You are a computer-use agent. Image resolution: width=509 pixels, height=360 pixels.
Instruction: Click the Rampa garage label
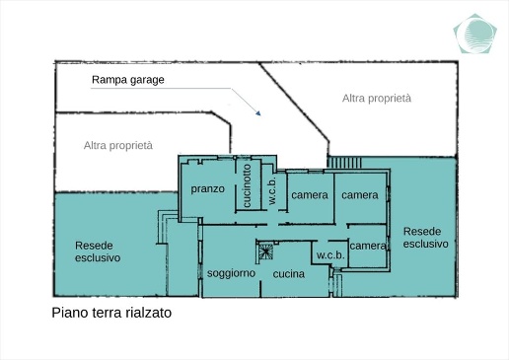(x=127, y=79)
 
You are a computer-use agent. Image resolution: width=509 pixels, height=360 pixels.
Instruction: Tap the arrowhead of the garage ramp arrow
(x=258, y=115)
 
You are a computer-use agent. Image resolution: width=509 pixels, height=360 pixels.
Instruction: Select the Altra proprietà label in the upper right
(x=376, y=99)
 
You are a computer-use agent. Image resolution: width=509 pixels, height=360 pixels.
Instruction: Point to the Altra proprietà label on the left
(x=118, y=145)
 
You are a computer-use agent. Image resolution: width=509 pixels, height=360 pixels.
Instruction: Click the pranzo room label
(x=208, y=188)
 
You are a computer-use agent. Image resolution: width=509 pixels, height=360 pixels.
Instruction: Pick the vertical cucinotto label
(x=247, y=184)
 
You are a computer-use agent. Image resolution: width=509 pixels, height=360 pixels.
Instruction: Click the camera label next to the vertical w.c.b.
(x=309, y=195)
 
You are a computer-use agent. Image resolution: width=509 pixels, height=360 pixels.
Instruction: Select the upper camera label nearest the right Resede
(x=359, y=195)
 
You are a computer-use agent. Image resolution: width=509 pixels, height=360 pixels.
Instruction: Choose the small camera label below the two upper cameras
(x=367, y=246)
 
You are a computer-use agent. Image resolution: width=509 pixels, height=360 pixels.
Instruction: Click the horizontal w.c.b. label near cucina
(x=327, y=256)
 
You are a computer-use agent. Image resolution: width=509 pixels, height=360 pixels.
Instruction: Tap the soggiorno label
(x=232, y=273)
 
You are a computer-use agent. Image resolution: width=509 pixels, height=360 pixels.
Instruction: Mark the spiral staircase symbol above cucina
(x=264, y=251)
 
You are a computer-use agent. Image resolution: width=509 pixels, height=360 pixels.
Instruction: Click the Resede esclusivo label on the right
(x=425, y=237)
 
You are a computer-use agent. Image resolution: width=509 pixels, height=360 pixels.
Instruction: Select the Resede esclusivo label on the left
(x=98, y=251)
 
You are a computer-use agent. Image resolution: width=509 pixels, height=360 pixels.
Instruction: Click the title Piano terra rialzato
(x=111, y=314)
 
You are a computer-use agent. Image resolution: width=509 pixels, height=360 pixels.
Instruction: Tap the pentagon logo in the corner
(x=476, y=35)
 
